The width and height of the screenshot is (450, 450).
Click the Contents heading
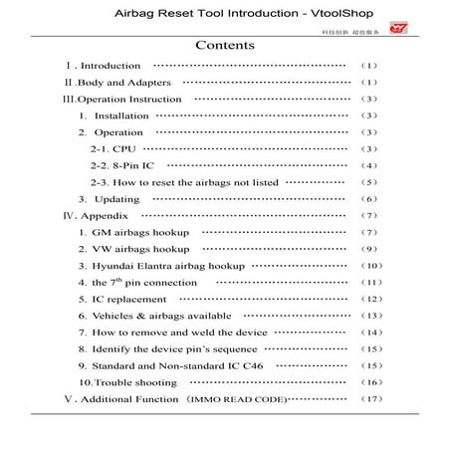tap(225, 45)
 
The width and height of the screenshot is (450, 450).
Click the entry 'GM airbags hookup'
tap(133, 232)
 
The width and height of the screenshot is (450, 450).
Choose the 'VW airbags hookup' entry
tap(133, 249)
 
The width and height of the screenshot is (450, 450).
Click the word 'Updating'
tap(116, 199)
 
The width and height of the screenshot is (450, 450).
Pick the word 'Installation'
tap(121, 115)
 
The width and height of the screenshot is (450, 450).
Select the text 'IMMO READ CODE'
tap(247, 399)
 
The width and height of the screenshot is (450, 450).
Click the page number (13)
tap(369, 316)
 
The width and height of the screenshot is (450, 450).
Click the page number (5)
tap(369, 182)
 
